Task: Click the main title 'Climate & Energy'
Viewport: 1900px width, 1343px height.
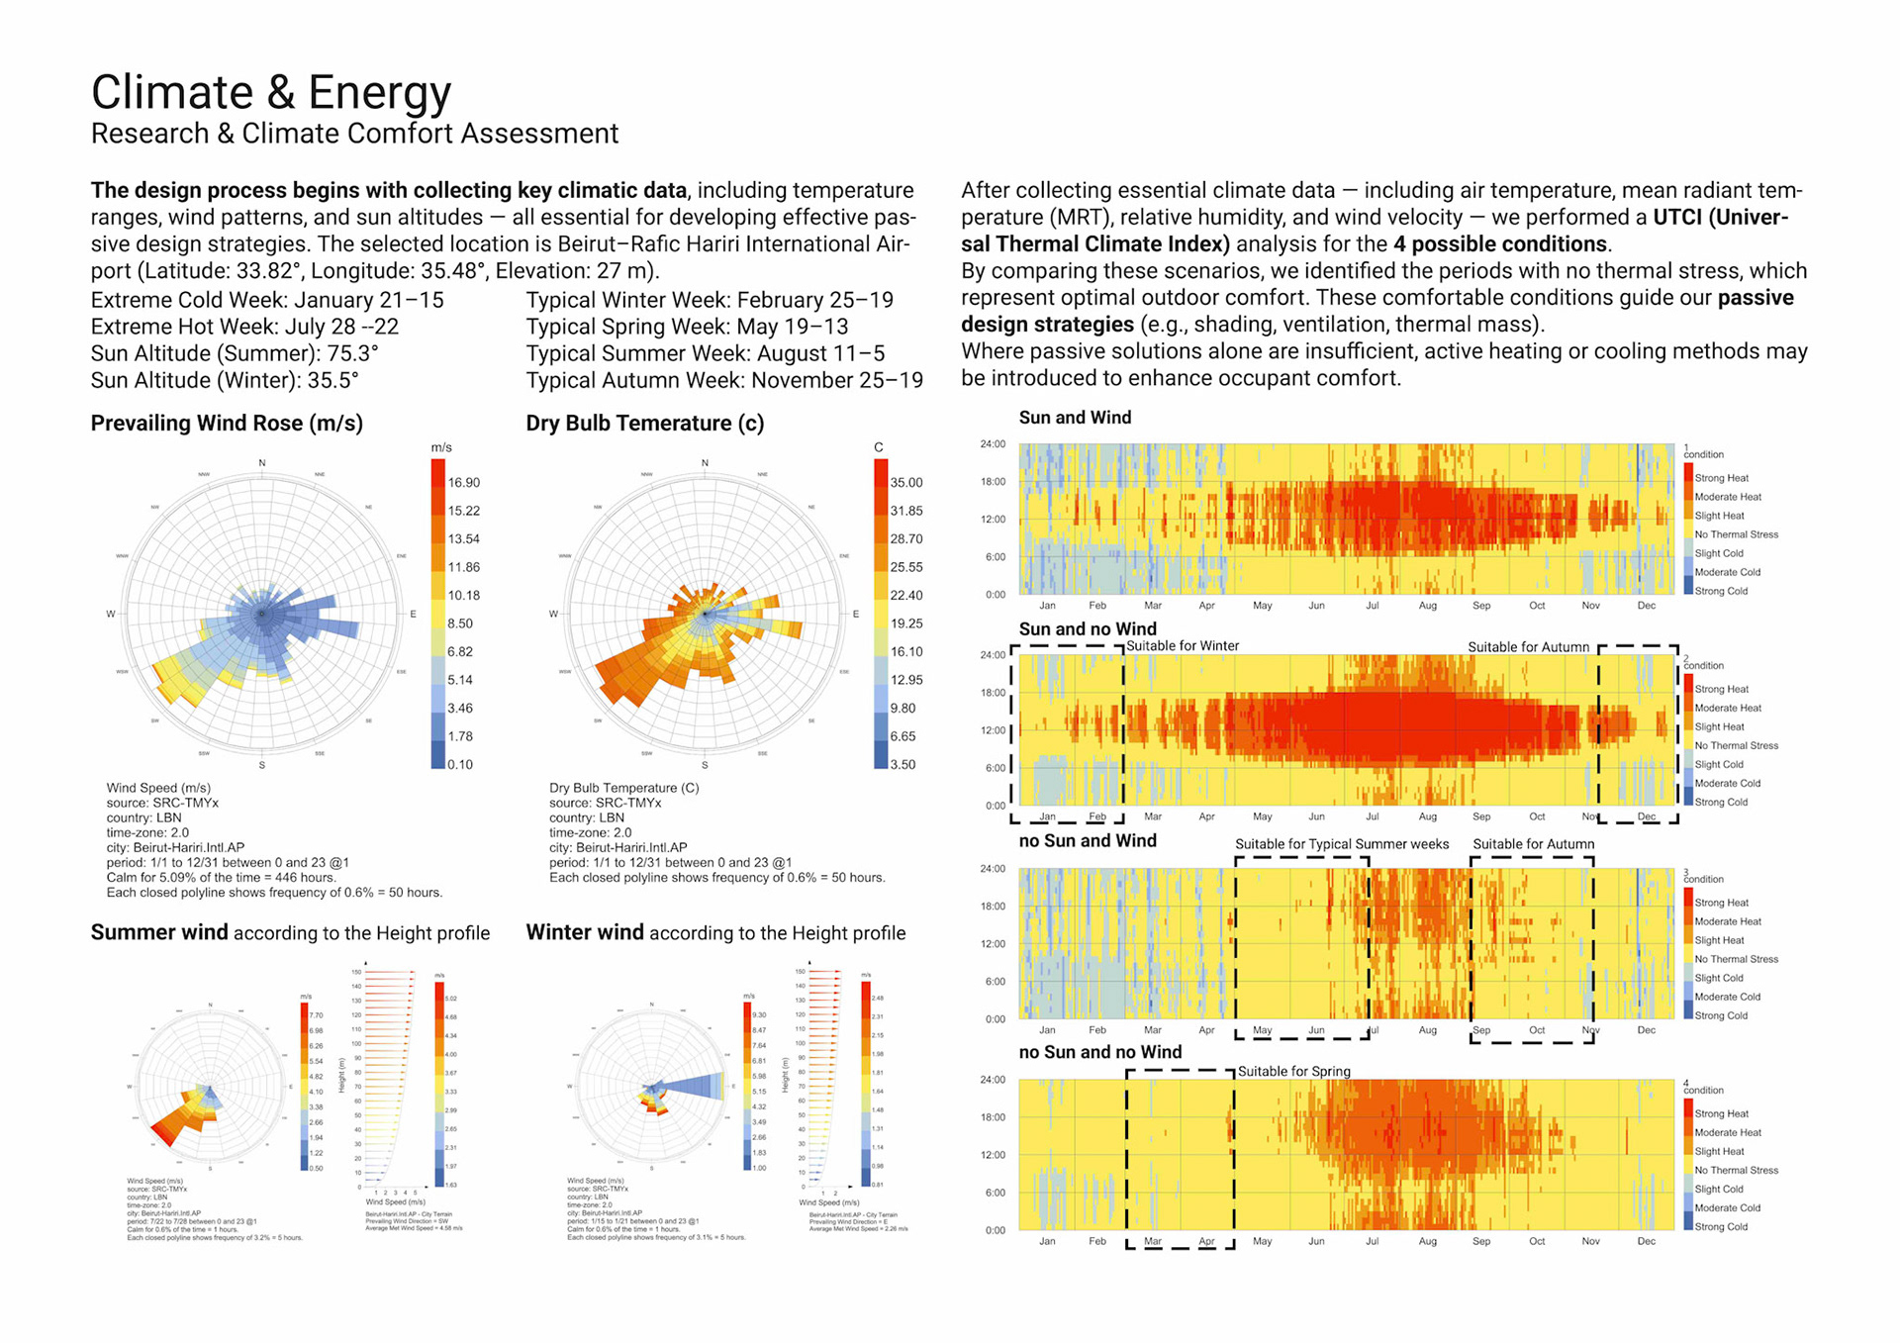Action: [x=271, y=92]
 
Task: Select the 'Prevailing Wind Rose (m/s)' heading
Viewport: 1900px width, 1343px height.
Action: [x=227, y=424]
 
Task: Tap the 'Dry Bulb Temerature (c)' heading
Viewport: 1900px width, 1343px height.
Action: [x=644, y=424]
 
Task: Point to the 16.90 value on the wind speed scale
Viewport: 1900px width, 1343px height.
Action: [x=463, y=483]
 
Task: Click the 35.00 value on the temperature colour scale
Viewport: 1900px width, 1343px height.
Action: [x=905, y=483]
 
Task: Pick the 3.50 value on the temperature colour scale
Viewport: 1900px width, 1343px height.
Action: [x=902, y=765]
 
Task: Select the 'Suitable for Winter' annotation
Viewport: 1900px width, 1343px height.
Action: [x=1183, y=646]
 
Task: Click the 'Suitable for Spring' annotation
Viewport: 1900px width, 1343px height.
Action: [x=1293, y=1072]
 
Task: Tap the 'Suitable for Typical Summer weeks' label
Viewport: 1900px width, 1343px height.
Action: [x=1341, y=844]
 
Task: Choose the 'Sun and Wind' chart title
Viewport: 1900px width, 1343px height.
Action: [x=1075, y=418]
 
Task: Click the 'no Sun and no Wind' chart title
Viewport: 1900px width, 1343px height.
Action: [x=1099, y=1052]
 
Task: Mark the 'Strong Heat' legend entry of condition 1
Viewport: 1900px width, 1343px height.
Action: [x=1721, y=478]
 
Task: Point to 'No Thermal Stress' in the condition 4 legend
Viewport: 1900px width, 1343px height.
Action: [x=1736, y=1171]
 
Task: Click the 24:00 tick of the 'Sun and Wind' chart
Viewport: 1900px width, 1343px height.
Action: [x=993, y=444]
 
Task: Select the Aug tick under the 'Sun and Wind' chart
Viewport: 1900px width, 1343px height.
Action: [x=1427, y=606]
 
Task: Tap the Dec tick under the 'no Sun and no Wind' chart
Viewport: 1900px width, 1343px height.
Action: [x=1646, y=1241]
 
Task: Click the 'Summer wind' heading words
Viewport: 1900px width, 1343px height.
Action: [x=159, y=932]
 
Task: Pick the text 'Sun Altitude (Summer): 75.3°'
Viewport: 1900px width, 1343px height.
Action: [x=235, y=353]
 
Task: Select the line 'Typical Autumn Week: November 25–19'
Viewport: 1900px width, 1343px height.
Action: [x=724, y=381]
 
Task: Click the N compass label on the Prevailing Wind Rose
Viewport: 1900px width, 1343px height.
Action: [x=262, y=463]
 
